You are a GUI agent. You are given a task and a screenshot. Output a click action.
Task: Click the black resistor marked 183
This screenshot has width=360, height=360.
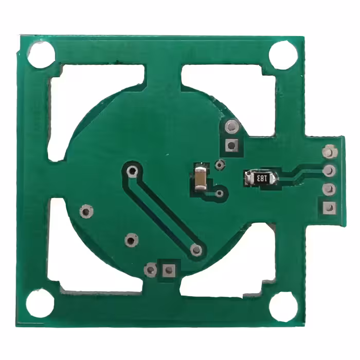[261, 178]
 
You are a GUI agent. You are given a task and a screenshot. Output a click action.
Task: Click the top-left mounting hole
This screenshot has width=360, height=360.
[41, 55]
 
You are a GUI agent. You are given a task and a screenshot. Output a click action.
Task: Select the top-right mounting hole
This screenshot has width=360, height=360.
[283, 55]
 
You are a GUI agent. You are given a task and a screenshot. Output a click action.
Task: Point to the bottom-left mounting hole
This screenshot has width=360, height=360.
[40, 303]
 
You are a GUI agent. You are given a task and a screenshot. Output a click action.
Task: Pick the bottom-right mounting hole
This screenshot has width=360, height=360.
[283, 305]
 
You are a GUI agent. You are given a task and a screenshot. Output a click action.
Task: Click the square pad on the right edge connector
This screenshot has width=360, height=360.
[329, 208]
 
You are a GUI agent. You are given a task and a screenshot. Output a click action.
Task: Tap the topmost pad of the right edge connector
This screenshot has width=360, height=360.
[329, 151]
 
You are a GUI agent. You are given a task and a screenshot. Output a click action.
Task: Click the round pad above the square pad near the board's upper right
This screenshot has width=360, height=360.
[231, 127]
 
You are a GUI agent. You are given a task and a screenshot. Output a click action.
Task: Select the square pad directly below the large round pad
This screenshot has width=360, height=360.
[231, 145]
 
